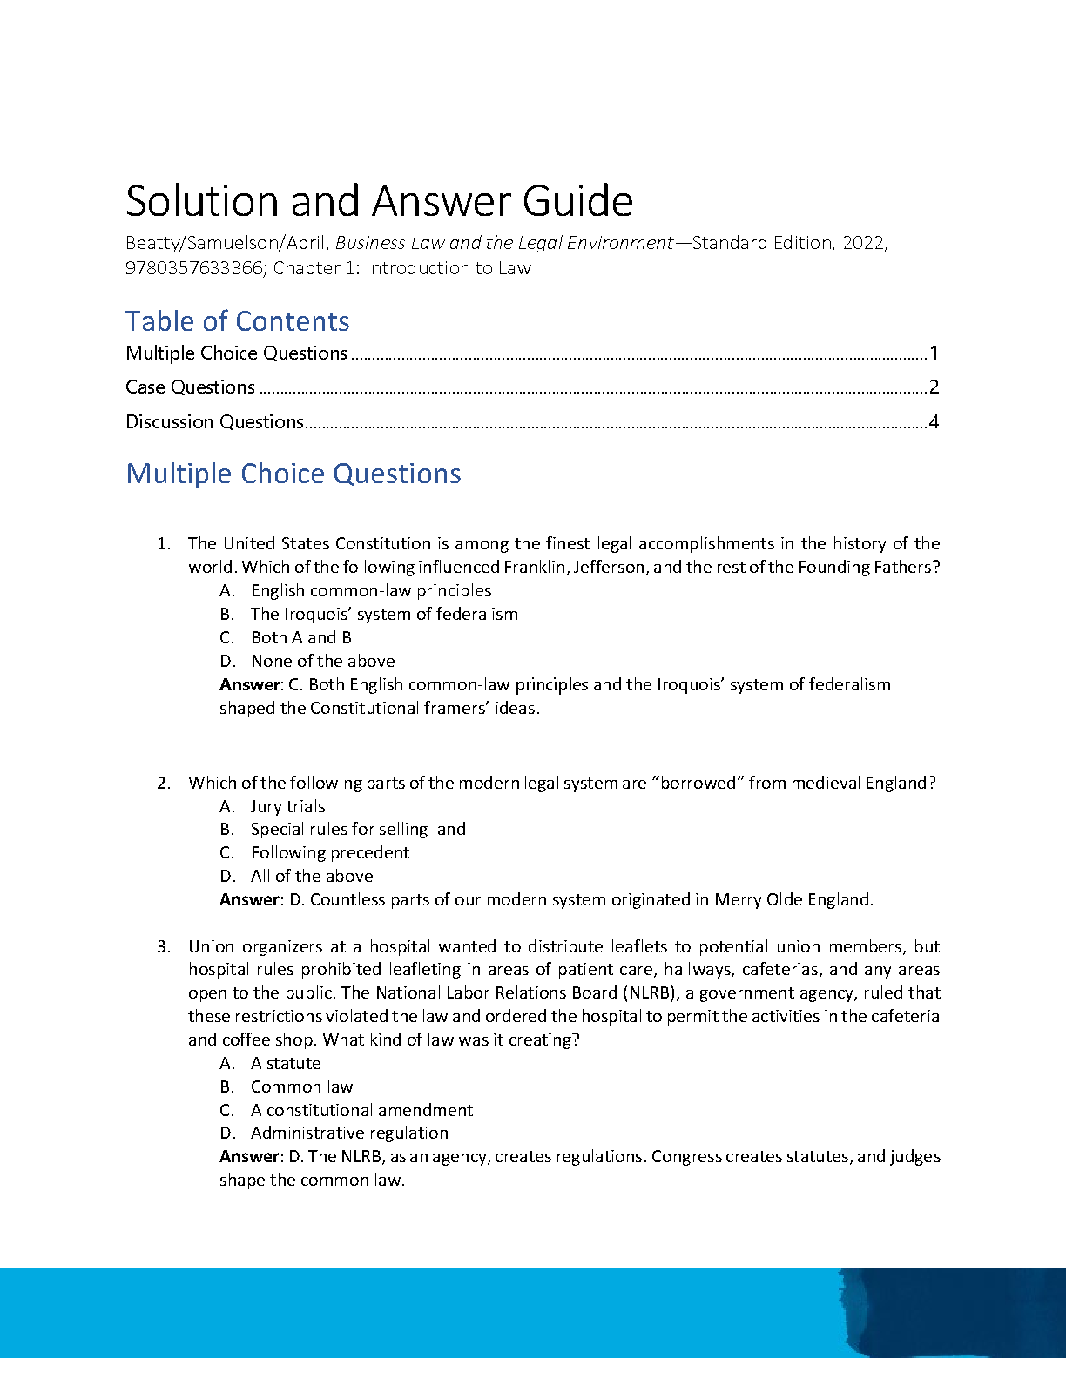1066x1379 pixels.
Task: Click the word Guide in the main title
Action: coord(577,202)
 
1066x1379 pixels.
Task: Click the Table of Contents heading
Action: coord(237,321)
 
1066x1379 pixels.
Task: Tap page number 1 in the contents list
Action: coord(934,353)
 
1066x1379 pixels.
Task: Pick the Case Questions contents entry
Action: coord(190,387)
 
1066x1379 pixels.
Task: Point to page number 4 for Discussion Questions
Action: coord(934,422)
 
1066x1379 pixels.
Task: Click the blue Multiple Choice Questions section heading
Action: coord(293,474)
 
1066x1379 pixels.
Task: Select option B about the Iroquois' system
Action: coord(384,614)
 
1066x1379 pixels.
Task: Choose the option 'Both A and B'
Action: coord(301,637)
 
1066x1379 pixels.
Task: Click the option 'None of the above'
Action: coord(322,661)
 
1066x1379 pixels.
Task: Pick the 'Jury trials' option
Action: coord(287,806)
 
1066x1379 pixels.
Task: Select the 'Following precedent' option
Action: coord(330,852)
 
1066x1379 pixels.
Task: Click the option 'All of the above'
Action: coord(312,876)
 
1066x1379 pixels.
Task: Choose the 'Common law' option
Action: coord(301,1086)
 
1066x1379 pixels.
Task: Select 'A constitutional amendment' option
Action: coord(361,1110)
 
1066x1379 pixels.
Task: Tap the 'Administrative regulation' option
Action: coord(349,1133)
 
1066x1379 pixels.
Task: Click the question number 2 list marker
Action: coord(164,783)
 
